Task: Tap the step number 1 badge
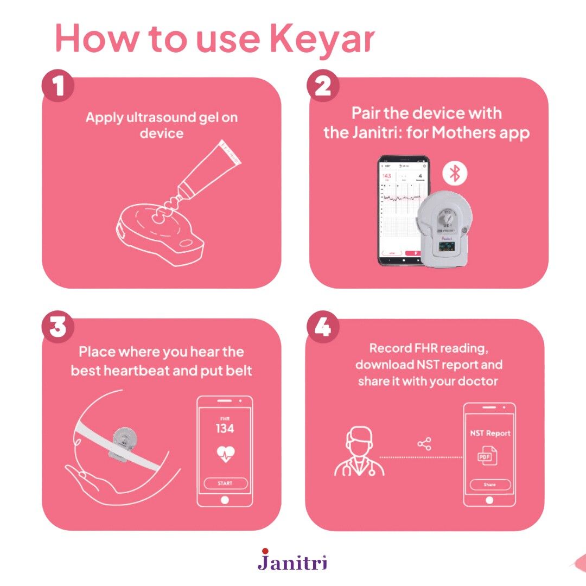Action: [58, 86]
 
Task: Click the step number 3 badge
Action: [58, 327]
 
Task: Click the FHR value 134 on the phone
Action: [224, 429]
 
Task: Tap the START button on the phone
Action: [225, 483]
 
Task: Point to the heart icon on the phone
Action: [225, 454]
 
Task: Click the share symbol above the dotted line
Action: [424, 444]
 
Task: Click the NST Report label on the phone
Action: [489, 434]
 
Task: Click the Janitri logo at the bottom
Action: [292, 559]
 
